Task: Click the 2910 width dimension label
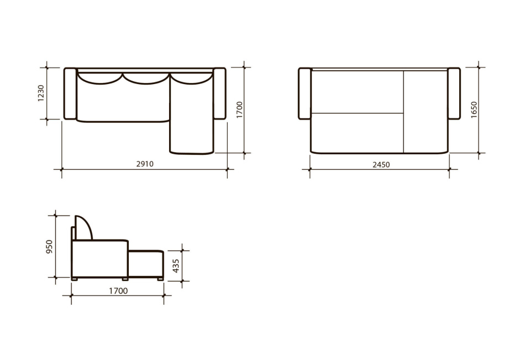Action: (x=145, y=164)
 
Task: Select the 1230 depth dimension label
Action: (x=41, y=93)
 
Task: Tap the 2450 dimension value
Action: (x=381, y=164)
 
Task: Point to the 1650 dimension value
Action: (x=474, y=110)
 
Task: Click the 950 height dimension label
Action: (x=49, y=247)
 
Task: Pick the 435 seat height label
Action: (x=176, y=265)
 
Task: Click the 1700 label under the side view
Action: (x=118, y=291)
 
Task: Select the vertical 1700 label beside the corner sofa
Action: (x=240, y=110)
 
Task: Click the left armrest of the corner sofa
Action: (x=70, y=93)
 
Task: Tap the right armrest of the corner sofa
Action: (x=219, y=93)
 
